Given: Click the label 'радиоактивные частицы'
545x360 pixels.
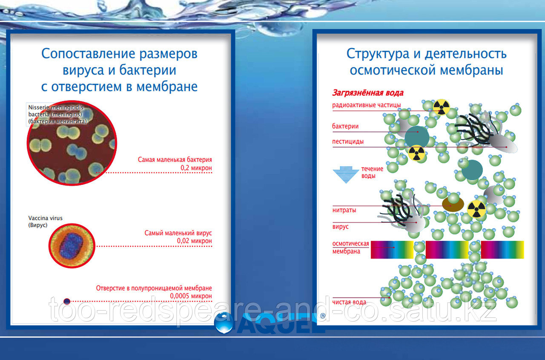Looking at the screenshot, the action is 367,105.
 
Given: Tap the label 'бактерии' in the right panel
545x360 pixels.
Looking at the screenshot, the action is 345,126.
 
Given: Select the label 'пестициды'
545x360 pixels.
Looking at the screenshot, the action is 348,141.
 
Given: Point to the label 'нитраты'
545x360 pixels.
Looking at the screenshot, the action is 344,210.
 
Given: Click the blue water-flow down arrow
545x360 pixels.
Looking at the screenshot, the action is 346,175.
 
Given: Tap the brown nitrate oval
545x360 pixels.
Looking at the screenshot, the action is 453,204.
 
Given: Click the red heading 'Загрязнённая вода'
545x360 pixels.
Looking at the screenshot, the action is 368,93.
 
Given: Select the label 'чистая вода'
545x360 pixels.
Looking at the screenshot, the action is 349,302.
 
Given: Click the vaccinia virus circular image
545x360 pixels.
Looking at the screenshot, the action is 72,245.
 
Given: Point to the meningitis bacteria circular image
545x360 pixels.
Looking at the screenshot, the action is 72,143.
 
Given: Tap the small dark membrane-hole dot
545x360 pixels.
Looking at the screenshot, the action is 67,302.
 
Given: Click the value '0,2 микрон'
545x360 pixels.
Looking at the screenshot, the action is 196,168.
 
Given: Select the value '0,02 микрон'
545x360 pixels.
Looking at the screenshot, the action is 195,241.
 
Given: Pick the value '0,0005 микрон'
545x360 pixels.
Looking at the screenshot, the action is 191,296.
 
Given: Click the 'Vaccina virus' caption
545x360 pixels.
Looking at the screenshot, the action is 45,218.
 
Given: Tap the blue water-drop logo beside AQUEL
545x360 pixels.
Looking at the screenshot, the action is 224,323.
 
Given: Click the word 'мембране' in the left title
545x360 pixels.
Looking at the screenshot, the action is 167,87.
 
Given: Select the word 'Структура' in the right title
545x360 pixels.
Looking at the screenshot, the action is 378,54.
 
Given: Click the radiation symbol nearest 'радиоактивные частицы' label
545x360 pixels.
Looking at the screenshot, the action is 442,107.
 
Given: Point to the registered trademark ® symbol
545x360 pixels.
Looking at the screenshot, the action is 323,316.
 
